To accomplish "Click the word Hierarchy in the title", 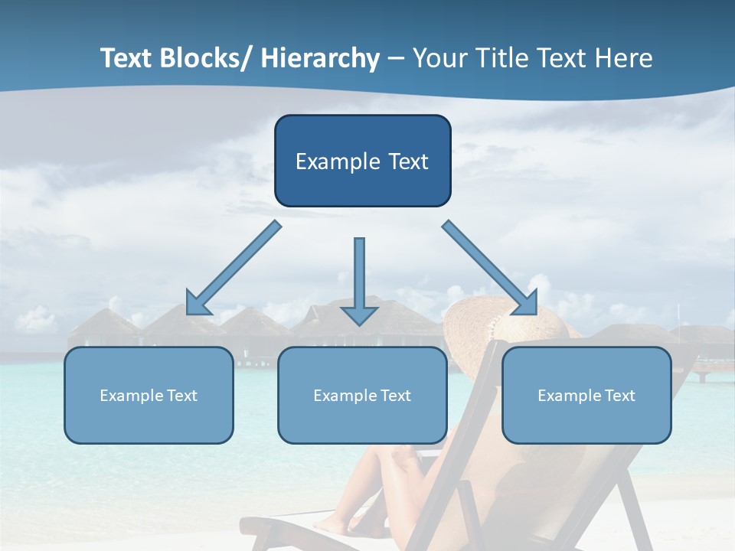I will (x=320, y=59).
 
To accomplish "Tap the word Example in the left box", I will (x=131, y=396).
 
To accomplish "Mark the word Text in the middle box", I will (x=395, y=396).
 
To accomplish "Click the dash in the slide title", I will (x=395, y=59).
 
